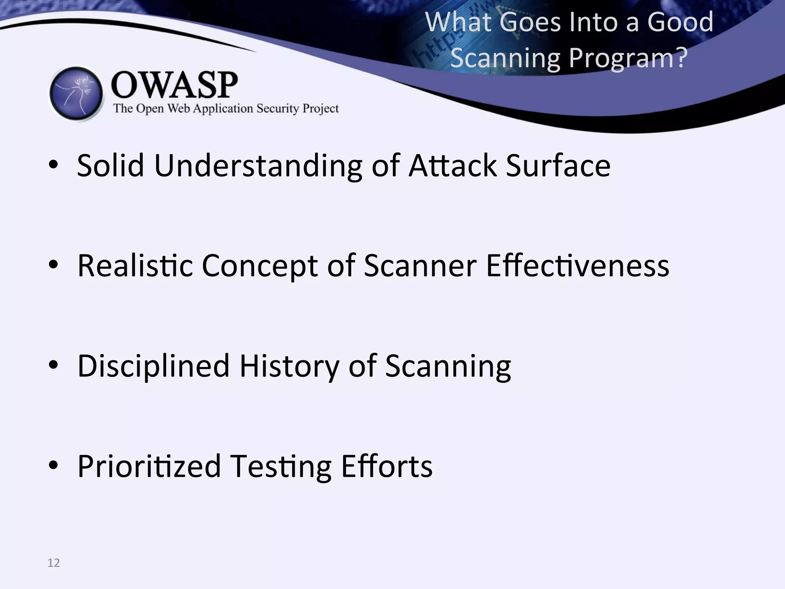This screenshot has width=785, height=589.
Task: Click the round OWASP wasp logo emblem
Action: pyautogui.click(x=76, y=94)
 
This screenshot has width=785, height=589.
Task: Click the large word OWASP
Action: pyautogui.click(x=174, y=85)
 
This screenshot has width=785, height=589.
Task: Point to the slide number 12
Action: pyautogui.click(x=54, y=563)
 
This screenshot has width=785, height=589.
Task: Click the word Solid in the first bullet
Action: pyautogui.click(x=110, y=166)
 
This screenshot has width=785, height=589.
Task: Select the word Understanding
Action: pyautogui.click(x=258, y=166)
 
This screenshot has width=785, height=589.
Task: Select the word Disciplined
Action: pyautogui.click(x=153, y=366)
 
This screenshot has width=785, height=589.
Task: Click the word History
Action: pyautogui.click(x=289, y=366)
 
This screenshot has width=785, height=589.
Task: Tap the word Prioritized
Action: pyautogui.click(x=149, y=466)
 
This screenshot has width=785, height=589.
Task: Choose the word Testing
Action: pyautogui.click(x=282, y=466)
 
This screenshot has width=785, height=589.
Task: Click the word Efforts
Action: pyautogui.click(x=387, y=466)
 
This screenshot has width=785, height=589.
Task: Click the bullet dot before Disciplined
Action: pyautogui.click(x=53, y=365)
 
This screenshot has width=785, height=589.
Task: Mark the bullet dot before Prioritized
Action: pyautogui.click(x=53, y=465)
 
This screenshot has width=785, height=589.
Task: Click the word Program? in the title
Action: pyautogui.click(x=628, y=58)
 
